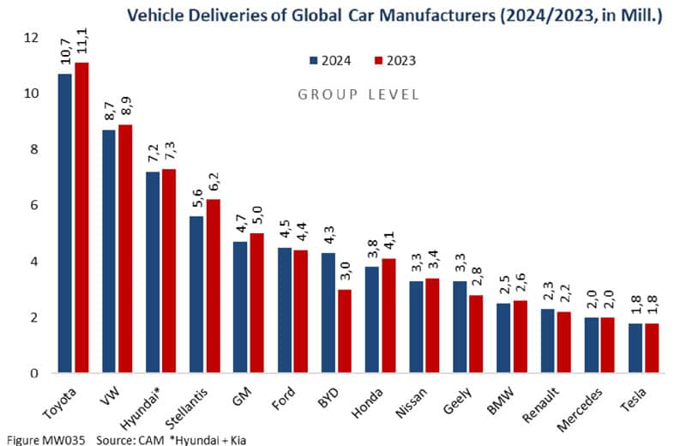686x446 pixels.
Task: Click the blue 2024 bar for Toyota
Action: (65, 223)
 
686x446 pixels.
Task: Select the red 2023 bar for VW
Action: (125, 249)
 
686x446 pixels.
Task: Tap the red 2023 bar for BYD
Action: (345, 331)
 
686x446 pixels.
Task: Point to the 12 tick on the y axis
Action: (32, 38)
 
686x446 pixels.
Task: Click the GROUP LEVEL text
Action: (358, 94)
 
